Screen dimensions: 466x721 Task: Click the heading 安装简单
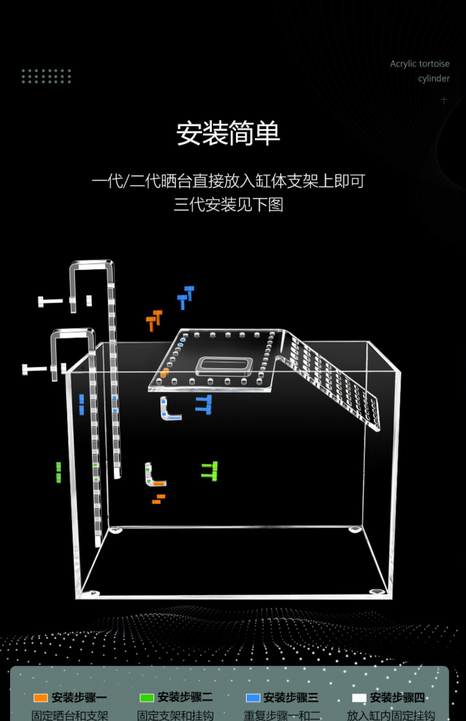(228, 133)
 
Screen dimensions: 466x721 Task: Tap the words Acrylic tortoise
(419, 64)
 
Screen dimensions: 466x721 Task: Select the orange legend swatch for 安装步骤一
(41, 698)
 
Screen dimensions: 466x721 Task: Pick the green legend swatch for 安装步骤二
(147, 698)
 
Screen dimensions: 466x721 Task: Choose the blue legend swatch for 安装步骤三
(253, 698)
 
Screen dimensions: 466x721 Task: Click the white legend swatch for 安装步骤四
(359, 698)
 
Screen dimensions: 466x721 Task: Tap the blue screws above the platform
(186, 297)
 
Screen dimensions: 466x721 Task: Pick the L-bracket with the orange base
(154, 475)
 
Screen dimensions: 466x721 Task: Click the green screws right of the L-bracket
(210, 471)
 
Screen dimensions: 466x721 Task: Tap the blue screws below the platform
(204, 404)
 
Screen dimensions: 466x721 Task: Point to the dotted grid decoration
(46, 76)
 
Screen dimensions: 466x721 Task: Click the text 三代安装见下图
(228, 205)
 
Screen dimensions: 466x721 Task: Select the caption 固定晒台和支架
(70, 715)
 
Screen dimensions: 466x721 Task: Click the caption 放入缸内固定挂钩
(391, 715)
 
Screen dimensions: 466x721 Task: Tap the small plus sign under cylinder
(444, 100)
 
